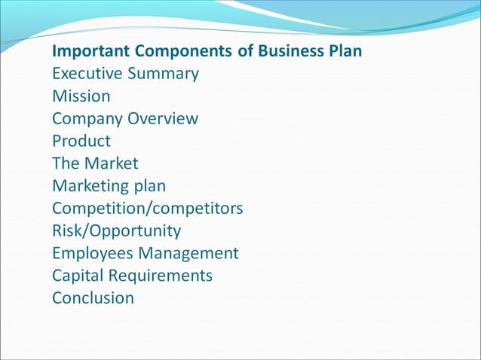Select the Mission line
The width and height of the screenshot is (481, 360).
tap(81, 96)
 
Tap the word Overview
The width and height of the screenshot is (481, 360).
tap(163, 118)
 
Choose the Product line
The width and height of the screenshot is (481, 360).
tap(81, 141)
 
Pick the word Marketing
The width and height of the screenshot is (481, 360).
tap(88, 186)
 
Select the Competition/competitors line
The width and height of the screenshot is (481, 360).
tap(148, 208)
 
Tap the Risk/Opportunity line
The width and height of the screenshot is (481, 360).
tap(116, 230)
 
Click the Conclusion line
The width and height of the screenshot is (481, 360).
tap(93, 297)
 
